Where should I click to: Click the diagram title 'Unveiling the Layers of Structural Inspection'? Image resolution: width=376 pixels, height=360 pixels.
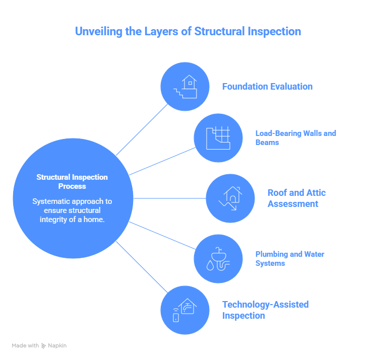(187, 31)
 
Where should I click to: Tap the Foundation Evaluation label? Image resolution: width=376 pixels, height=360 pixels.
(267, 87)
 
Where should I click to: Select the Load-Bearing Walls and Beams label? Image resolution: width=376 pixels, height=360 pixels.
(295, 138)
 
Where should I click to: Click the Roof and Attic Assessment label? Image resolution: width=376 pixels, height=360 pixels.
(296, 198)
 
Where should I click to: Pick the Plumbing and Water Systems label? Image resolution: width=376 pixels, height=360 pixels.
(290, 259)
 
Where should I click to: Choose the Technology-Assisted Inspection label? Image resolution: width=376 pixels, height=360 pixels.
(265, 310)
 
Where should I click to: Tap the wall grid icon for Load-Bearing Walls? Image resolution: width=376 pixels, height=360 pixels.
(218, 138)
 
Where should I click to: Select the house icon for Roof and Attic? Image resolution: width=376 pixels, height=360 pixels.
(230, 198)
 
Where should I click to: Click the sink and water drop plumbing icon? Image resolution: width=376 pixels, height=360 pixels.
(218, 259)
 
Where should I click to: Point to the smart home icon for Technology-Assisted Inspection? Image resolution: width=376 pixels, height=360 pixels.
(184, 310)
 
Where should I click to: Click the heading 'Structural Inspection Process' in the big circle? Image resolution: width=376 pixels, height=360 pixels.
(72, 182)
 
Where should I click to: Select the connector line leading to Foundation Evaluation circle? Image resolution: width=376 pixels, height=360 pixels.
(142, 129)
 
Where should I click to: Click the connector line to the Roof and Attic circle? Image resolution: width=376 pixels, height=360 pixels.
(169, 198)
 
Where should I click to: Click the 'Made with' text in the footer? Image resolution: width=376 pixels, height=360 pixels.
(25, 346)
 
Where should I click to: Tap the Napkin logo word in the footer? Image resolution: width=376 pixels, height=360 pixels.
(57, 346)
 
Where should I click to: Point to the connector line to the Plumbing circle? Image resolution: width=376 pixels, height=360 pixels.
(163, 235)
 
